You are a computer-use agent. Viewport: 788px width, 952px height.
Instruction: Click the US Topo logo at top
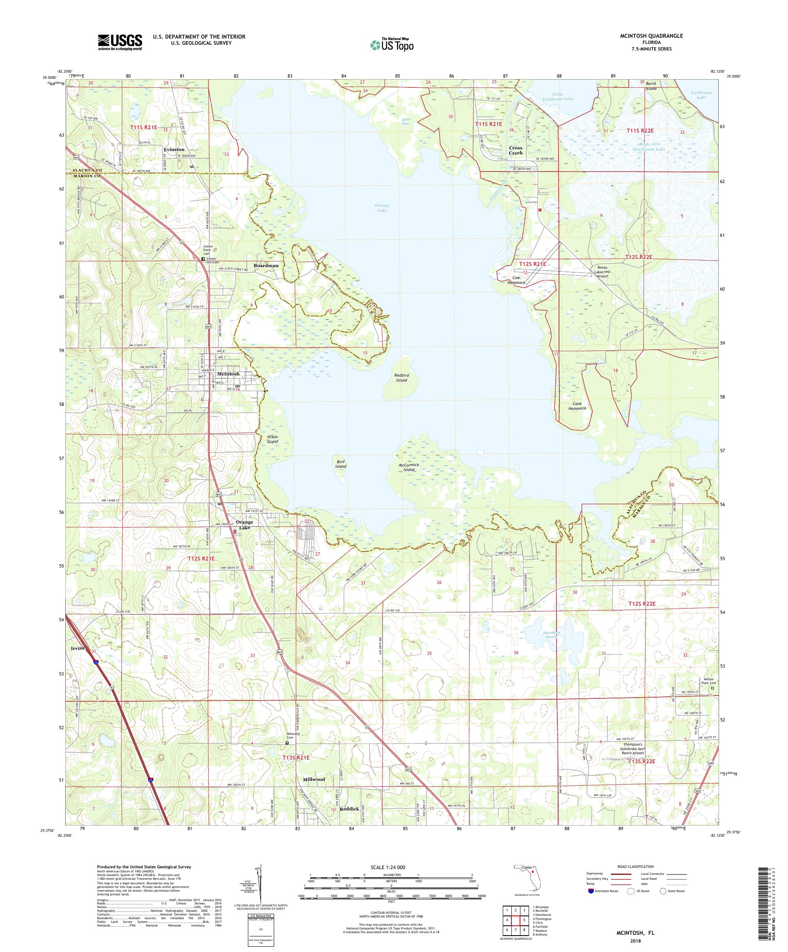(x=392, y=44)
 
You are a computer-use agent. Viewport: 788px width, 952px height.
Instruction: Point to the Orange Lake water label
(x=382, y=208)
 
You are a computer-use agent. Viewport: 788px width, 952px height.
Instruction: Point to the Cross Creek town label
(x=515, y=151)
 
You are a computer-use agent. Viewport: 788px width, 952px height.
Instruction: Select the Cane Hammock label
(x=577, y=406)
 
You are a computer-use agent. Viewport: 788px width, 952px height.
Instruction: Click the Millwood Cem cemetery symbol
(x=287, y=743)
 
